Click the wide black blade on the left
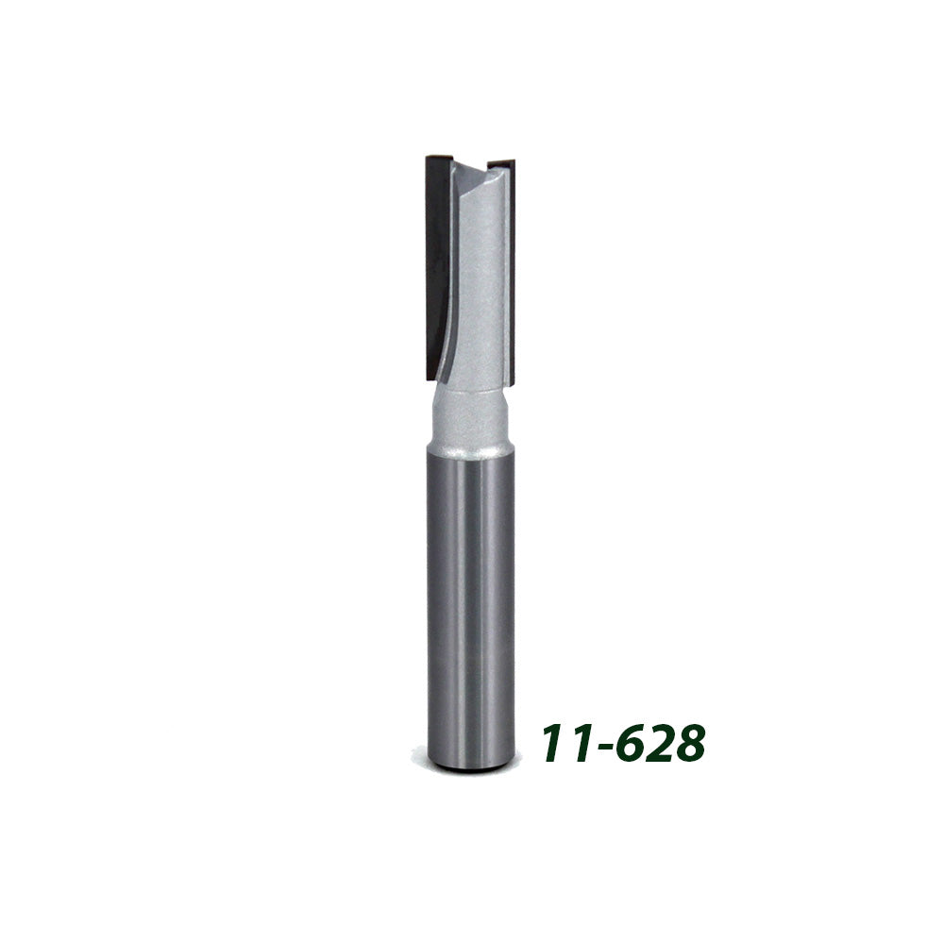(x=437, y=264)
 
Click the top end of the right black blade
(x=503, y=162)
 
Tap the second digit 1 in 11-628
(x=578, y=745)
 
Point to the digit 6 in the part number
(x=629, y=745)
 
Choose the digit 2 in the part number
(x=657, y=745)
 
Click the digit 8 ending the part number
(x=688, y=745)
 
